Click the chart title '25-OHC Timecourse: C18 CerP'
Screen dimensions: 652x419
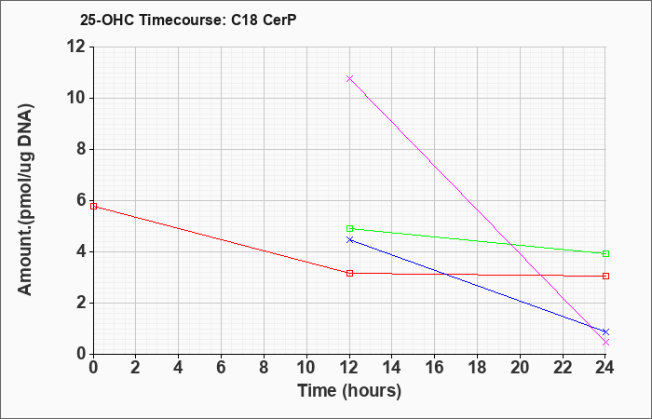(x=188, y=20)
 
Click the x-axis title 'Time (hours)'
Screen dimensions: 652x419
(x=349, y=391)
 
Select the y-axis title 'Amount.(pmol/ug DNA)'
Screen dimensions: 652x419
(x=26, y=200)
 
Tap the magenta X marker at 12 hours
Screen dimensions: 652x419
(x=349, y=78)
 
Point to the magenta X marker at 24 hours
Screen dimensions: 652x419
(x=605, y=342)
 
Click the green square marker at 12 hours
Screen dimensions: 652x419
(x=349, y=229)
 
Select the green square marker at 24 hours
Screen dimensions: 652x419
(x=605, y=253)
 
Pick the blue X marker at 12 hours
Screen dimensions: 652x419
(x=349, y=240)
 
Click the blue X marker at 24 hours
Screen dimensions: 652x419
(x=605, y=331)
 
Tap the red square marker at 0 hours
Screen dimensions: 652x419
(x=93, y=206)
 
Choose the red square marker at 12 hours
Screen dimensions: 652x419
(x=349, y=273)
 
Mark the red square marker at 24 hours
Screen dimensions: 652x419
(x=605, y=276)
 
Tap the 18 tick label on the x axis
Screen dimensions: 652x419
(x=477, y=368)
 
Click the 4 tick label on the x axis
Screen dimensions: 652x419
(x=179, y=368)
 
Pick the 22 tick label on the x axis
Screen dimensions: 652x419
(x=563, y=368)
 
